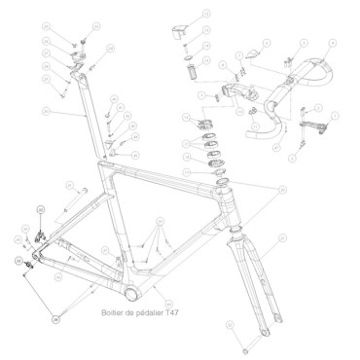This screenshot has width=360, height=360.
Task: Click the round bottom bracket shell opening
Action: tap(129, 294)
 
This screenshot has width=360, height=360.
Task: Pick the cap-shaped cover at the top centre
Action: tap(179, 29)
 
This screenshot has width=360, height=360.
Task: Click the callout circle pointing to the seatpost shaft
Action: tap(45, 114)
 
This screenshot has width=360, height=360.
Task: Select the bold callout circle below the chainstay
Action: tap(55, 317)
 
